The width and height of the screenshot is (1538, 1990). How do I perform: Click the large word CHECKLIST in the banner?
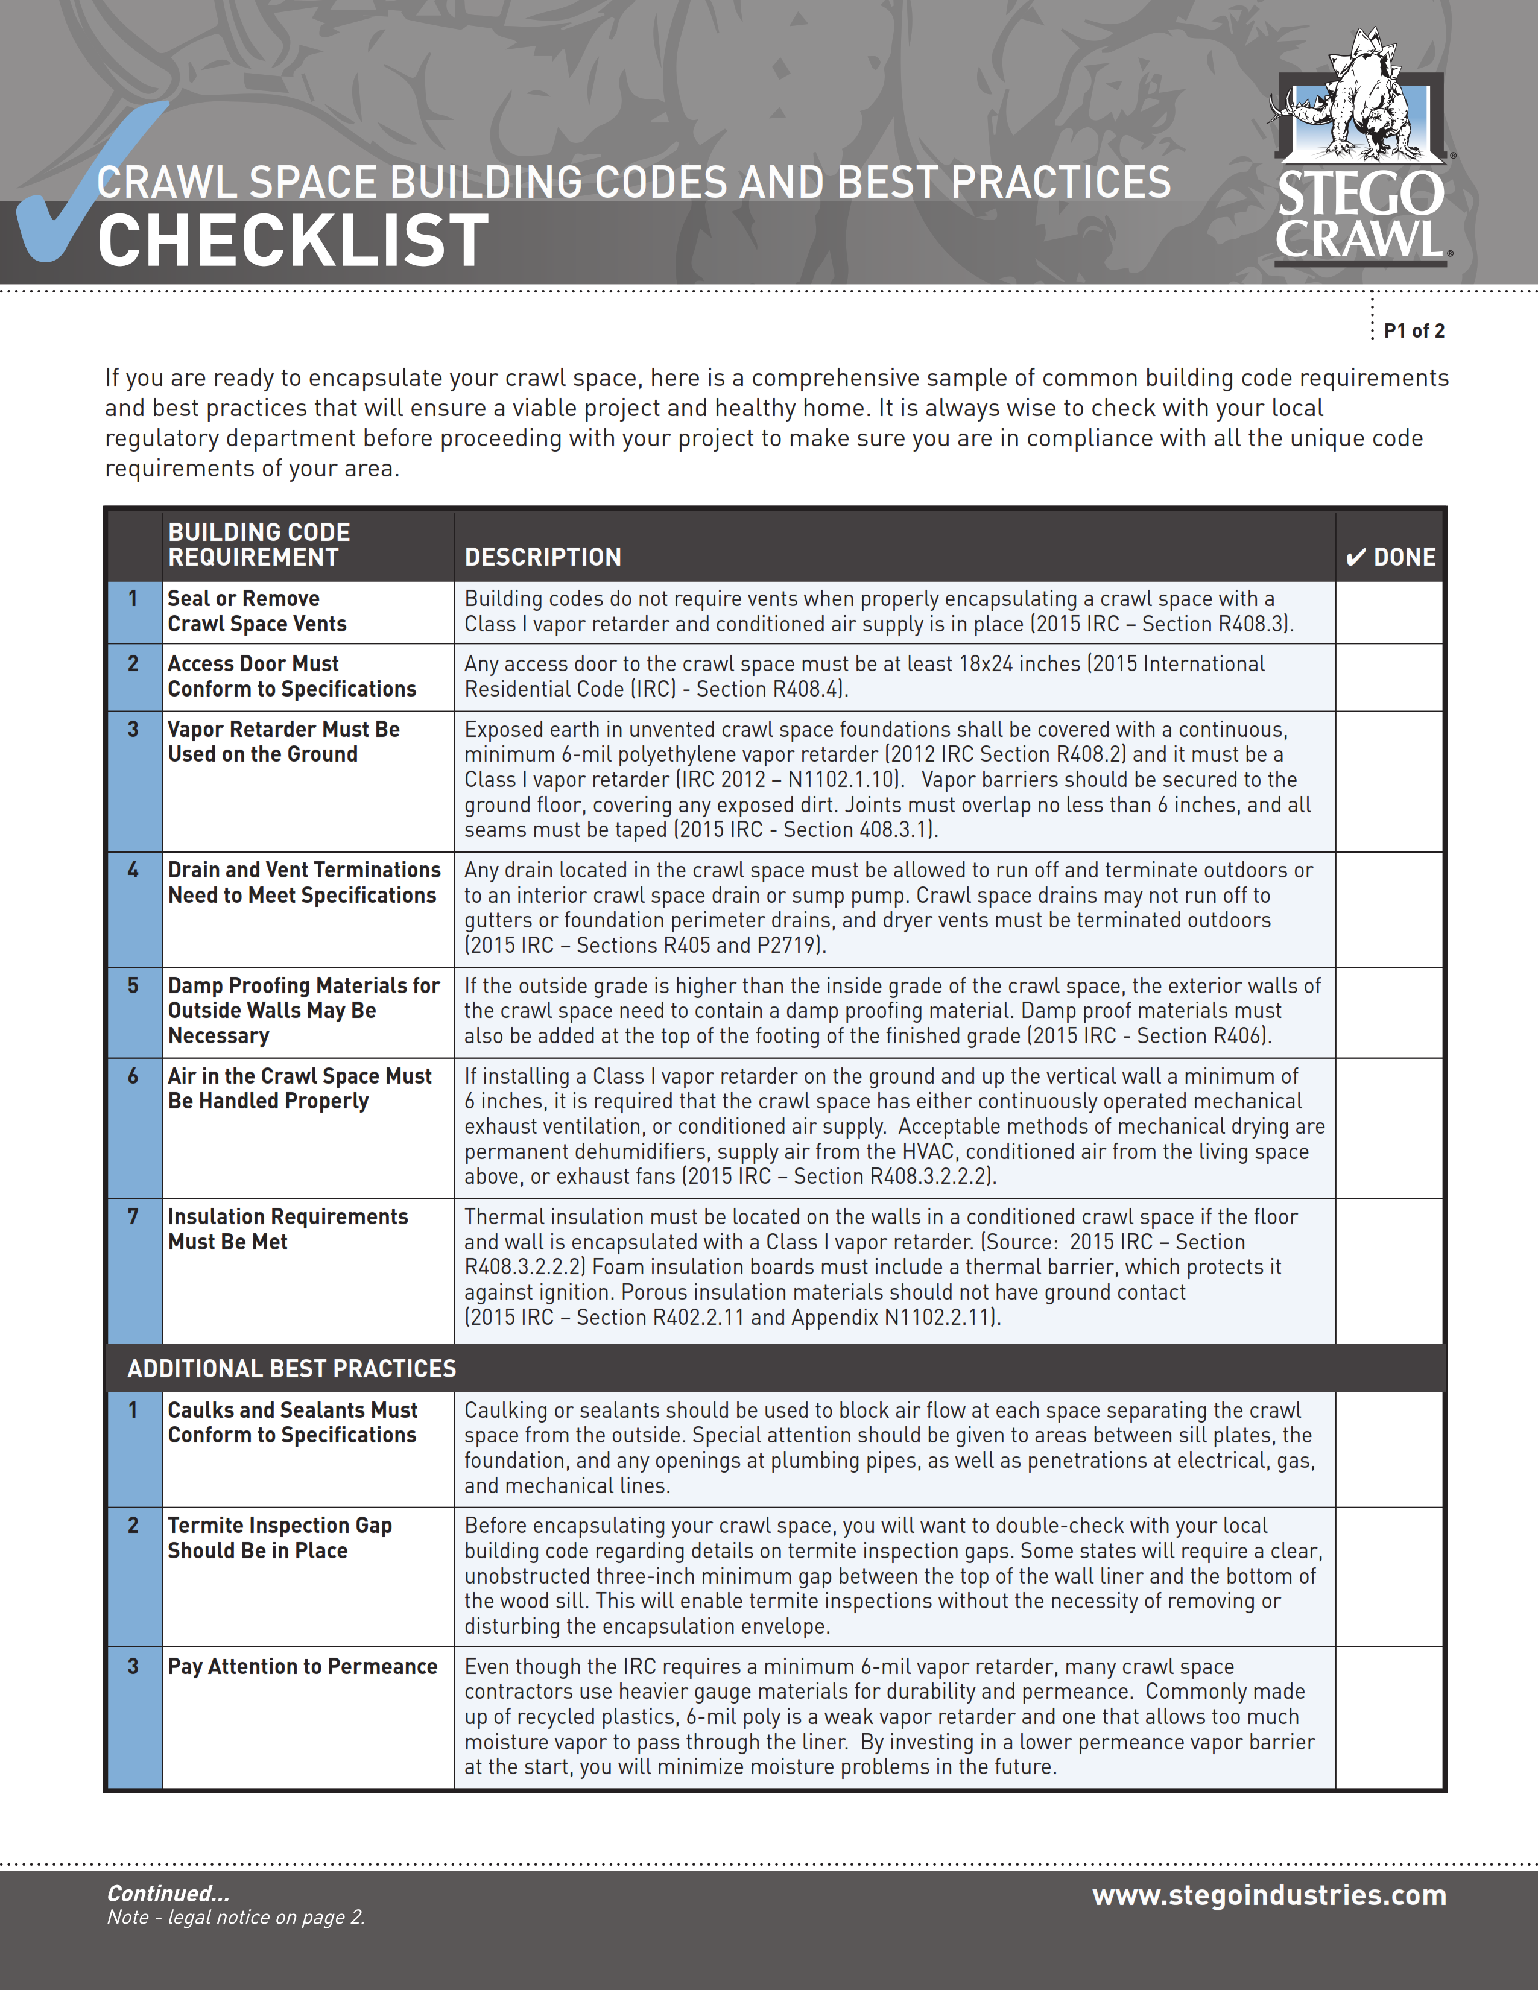[293, 241]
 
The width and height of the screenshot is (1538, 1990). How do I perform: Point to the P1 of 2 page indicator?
[1413, 330]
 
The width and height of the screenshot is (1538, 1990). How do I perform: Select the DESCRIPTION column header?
[542, 557]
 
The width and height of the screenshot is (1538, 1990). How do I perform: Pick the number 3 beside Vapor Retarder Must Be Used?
[133, 729]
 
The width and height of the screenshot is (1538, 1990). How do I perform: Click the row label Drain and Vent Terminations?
[303, 882]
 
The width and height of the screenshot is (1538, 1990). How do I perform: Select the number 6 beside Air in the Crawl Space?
[133, 1076]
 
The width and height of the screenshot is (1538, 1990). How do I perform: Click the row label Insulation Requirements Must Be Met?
[287, 1229]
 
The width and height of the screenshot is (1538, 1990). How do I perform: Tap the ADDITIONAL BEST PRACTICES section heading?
[291, 1369]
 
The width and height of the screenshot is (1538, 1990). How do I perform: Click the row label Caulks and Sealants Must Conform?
[291, 1423]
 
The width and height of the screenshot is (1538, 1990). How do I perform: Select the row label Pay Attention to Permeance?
[303, 1667]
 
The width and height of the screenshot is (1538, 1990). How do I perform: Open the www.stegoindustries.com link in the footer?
[1269, 1895]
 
